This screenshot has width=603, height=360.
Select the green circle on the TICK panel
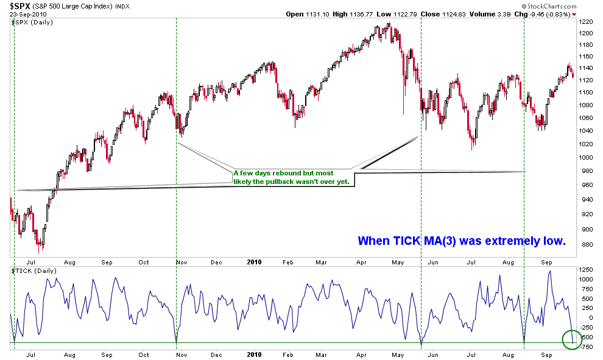point(573,340)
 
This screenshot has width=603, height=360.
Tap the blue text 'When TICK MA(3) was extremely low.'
point(462,241)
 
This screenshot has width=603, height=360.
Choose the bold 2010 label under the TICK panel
point(254,353)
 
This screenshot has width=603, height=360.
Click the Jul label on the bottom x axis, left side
point(30,353)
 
